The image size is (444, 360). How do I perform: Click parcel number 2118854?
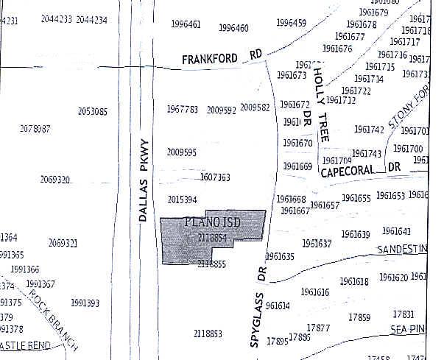[212, 237]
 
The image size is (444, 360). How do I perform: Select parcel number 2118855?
[211, 264]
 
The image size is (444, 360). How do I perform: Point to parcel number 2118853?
[208, 333]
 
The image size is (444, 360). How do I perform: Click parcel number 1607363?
[215, 177]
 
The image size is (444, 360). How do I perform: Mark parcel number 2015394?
[182, 200]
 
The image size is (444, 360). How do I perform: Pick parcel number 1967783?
[182, 109]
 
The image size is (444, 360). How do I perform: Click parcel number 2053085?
[93, 112]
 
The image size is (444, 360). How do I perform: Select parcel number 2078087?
[35, 129]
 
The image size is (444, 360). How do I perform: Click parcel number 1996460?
[233, 29]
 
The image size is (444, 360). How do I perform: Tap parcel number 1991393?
[85, 303]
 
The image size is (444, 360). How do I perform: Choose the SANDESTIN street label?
[401, 250]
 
